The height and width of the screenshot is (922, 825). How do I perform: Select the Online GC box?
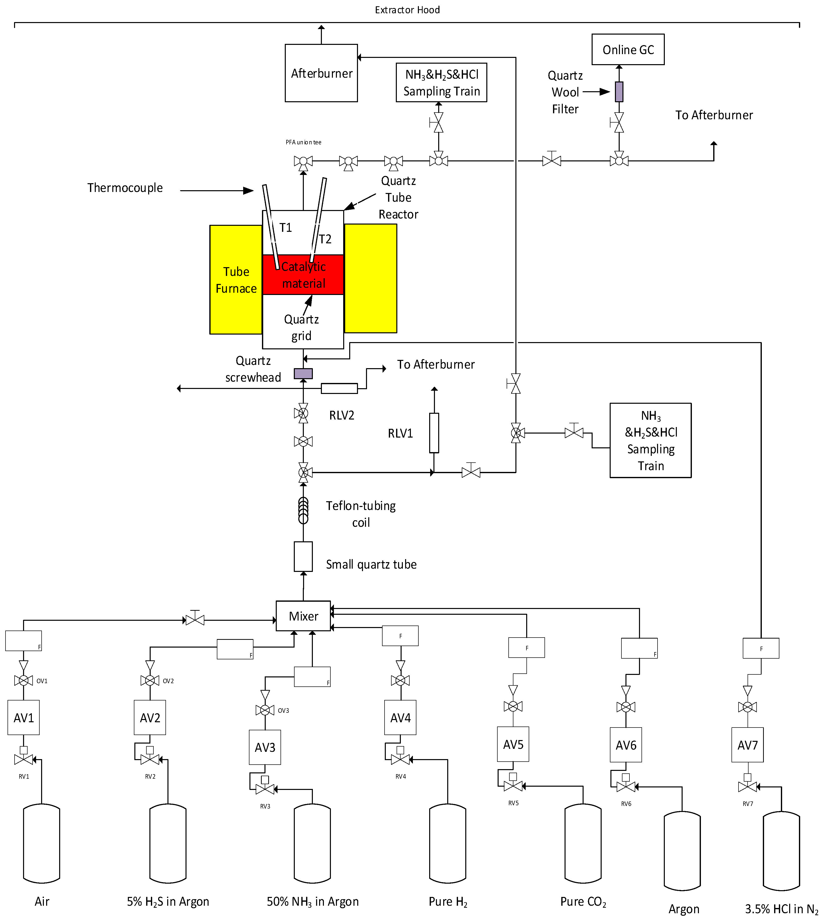pyautogui.click(x=628, y=49)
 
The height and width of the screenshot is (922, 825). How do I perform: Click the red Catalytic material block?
pyautogui.click(x=303, y=275)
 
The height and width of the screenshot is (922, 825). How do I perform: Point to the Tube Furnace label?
pyautogui.click(x=236, y=280)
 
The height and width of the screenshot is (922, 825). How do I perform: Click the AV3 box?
pyautogui.click(x=265, y=747)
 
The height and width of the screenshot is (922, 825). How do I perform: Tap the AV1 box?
pyautogui.click(x=24, y=718)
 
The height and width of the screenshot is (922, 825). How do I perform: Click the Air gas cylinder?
pyautogui.click(x=42, y=844)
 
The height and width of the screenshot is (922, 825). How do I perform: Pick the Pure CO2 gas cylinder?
pyautogui.click(x=583, y=844)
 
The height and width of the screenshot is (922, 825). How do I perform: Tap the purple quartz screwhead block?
pyautogui.click(x=303, y=374)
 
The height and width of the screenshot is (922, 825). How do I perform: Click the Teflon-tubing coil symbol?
pyautogui.click(x=303, y=510)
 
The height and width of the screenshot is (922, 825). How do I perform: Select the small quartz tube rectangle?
pyautogui.click(x=303, y=556)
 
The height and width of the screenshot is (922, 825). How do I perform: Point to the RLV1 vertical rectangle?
pyautogui.click(x=434, y=433)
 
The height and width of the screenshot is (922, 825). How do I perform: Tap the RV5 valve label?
pyautogui.click(x=513, y=803)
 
